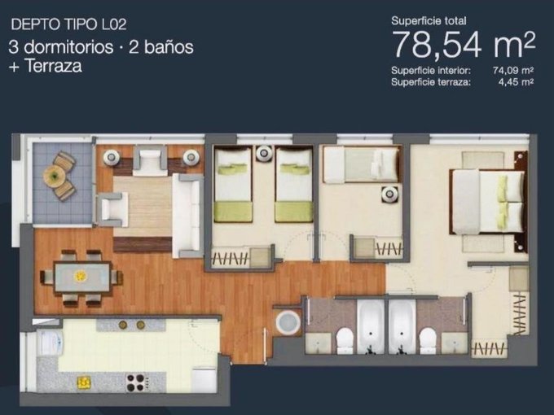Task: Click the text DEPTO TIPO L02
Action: click(69, 24)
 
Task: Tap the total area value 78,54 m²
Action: click(464, 45)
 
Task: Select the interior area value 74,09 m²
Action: click(513, 71)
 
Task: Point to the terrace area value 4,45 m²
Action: click(518, 82)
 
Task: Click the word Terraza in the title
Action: click(53, 66)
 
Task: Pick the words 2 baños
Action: click(161, 47)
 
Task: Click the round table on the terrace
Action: click(54, 176)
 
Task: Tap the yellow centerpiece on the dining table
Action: click(81, 276)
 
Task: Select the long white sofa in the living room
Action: click(187, 216)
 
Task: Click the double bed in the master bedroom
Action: click(487, 202)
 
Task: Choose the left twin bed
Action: click(233, 185)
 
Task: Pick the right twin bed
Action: click(294, 185)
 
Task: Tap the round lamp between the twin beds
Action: click(264, 154)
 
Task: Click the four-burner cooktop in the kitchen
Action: click(136, 382)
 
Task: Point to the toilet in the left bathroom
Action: click(345, 340)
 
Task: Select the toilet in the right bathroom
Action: click(428, 340)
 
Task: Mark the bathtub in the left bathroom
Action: click(370, 326)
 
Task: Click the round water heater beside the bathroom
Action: click(288, 322)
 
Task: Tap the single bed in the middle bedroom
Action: click(362, 165)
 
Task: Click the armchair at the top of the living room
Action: click(150, 160)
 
